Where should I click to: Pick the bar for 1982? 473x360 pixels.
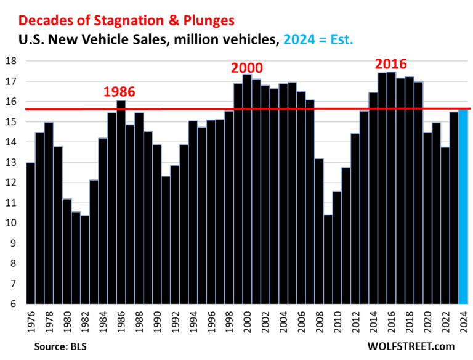tap(84, 260)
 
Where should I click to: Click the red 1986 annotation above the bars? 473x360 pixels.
tap(119, 92)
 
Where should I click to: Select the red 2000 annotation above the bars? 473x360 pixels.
tap(247, 68)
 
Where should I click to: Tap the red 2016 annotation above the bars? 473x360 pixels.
tap(392, 64)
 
